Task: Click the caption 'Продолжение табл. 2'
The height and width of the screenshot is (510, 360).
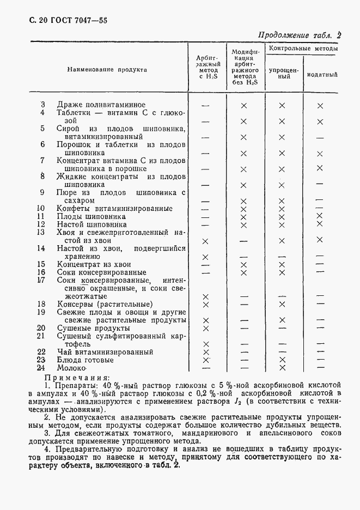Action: tap(300, 35)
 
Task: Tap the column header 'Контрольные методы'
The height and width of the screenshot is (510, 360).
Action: tap(303, 49)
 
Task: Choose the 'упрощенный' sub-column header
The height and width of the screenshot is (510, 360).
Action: tap(283, 74)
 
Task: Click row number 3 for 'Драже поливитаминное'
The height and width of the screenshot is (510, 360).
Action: tap(44, 104)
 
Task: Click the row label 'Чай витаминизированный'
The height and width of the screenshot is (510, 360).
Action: tap(105, 352)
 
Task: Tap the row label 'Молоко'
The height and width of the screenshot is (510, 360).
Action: tap(72, 368)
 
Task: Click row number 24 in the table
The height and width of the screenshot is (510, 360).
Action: tap(41, 368)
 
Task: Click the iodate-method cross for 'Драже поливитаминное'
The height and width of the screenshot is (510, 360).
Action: tap(320, 106)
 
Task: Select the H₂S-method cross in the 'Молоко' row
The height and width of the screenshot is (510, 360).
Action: tap(206, 369)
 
